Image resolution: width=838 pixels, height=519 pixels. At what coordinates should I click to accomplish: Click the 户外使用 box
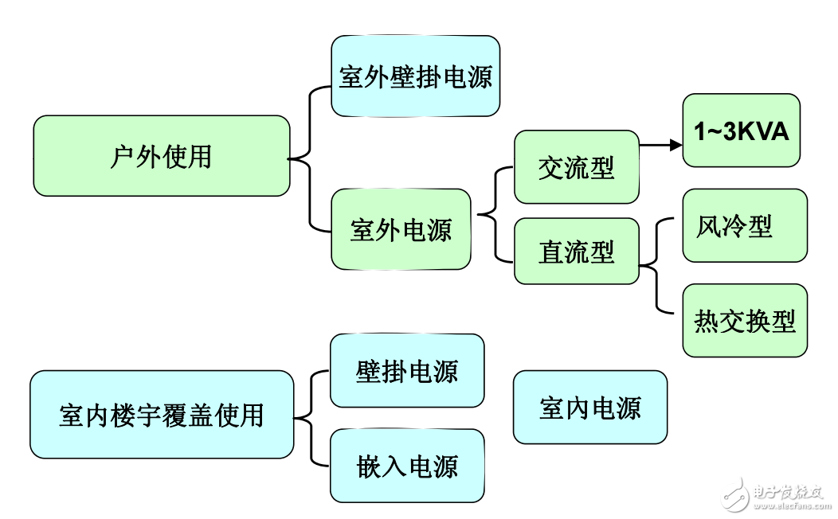coord(161,156)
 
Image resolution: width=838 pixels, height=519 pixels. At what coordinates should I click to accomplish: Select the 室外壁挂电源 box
coord(415,76)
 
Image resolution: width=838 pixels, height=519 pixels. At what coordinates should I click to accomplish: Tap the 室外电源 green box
coord(401,229)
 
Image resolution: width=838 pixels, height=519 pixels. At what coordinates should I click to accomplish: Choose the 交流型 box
coord(576,167)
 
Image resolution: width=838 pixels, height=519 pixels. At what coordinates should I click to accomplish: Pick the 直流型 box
coord(576,252)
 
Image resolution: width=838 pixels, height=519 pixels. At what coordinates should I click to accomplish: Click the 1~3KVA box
coord(741,131)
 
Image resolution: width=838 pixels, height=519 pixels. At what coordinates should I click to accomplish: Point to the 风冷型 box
coord(744,225)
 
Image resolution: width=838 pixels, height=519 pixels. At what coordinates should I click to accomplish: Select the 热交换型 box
coord(744,320)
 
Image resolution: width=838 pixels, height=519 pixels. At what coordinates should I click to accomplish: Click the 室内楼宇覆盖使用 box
coord(161,414)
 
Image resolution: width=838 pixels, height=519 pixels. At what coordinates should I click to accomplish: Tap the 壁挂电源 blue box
coord(407,371)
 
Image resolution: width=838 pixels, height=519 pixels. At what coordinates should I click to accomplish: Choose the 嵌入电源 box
coord(407,466)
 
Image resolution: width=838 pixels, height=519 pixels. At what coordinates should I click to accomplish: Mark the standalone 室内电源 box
coord(589,407)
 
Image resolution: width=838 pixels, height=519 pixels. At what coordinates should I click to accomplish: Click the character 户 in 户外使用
coord(121,156)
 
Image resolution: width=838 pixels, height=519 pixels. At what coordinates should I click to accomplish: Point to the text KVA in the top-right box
coord(761,131)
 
